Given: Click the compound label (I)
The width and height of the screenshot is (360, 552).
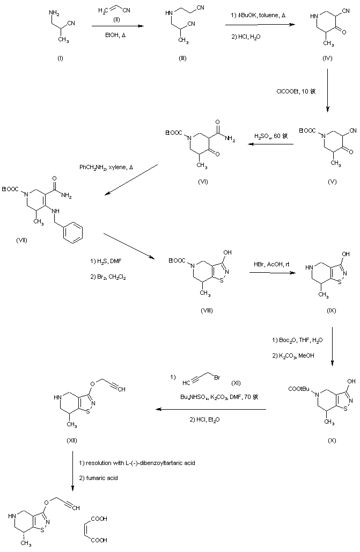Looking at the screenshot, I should coord(60,59).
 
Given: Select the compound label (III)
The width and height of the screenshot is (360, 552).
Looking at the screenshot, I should coord(182,59).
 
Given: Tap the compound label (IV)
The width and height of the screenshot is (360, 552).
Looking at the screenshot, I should coord(327,58).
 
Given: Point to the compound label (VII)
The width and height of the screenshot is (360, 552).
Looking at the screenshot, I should coord(22,239).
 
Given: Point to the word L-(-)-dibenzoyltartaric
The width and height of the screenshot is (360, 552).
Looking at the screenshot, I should coord(155,462).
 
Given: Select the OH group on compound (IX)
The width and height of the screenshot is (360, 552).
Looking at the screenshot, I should coord(337,249).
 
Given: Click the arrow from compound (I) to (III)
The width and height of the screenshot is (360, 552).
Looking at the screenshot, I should coord(119,25).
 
